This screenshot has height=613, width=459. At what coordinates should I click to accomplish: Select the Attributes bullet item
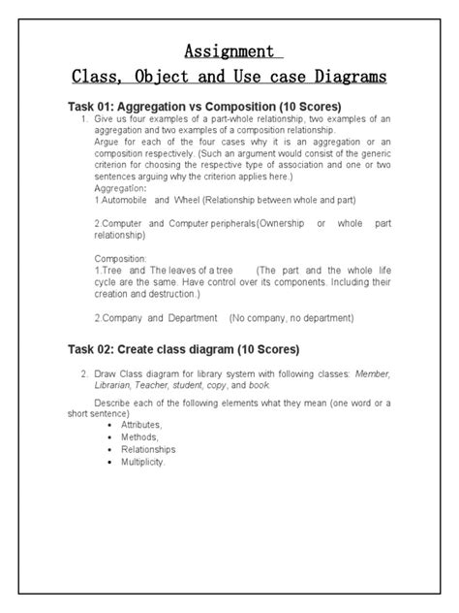click(x=141, y=425)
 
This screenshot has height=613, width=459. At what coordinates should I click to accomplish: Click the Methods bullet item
click(x=139, y=437)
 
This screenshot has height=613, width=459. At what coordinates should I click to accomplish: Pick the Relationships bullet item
click(x=148, y=449)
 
